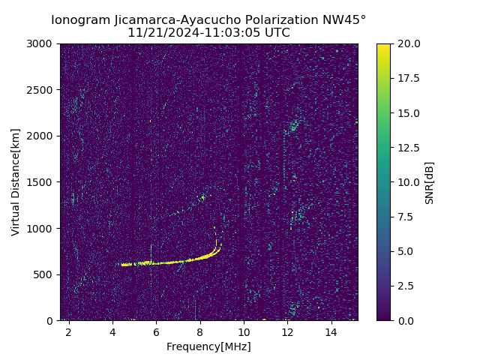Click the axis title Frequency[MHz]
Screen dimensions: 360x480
(208, 346)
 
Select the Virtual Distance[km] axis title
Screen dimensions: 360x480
(16, 182)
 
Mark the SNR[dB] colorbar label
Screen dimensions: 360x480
(430, 182)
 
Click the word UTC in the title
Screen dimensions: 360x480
(276, 33)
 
